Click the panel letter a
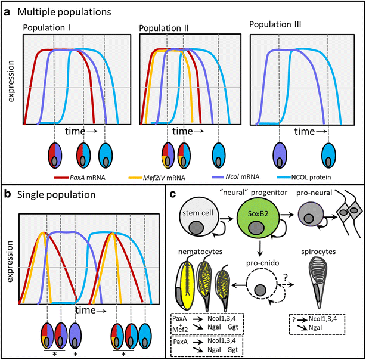(7, 11)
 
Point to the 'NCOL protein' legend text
(322, 176)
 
